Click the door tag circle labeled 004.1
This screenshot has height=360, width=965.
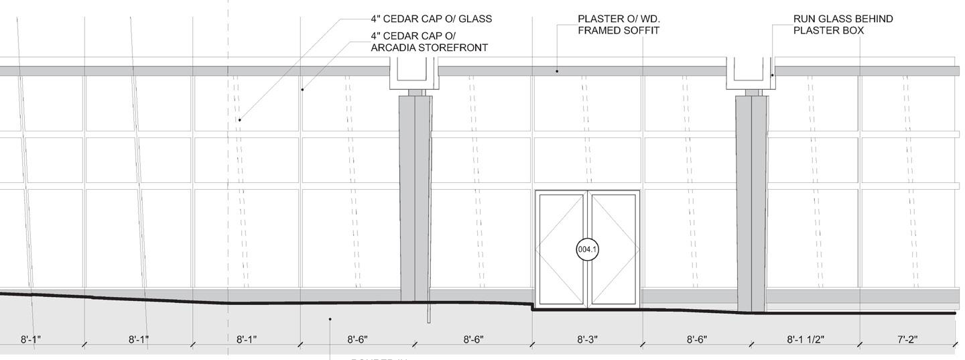click(x=587, y=249)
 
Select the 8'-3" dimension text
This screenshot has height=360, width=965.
click(x=587, y=340)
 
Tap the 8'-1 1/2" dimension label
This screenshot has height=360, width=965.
click(x=805, y=340)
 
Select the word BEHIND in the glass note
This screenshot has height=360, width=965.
click(x=870, y=19)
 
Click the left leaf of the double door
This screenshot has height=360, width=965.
click(x=562, y=249)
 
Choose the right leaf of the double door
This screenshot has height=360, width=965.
click(x=613, y=249)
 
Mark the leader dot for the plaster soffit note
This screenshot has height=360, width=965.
click(x=558, y=70)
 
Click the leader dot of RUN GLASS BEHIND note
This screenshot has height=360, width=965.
click(x=772, y=75)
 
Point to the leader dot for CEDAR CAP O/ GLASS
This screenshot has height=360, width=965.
click(x=239, y=120)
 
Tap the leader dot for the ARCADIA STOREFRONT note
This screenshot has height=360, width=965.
click(x=302, y=89)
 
